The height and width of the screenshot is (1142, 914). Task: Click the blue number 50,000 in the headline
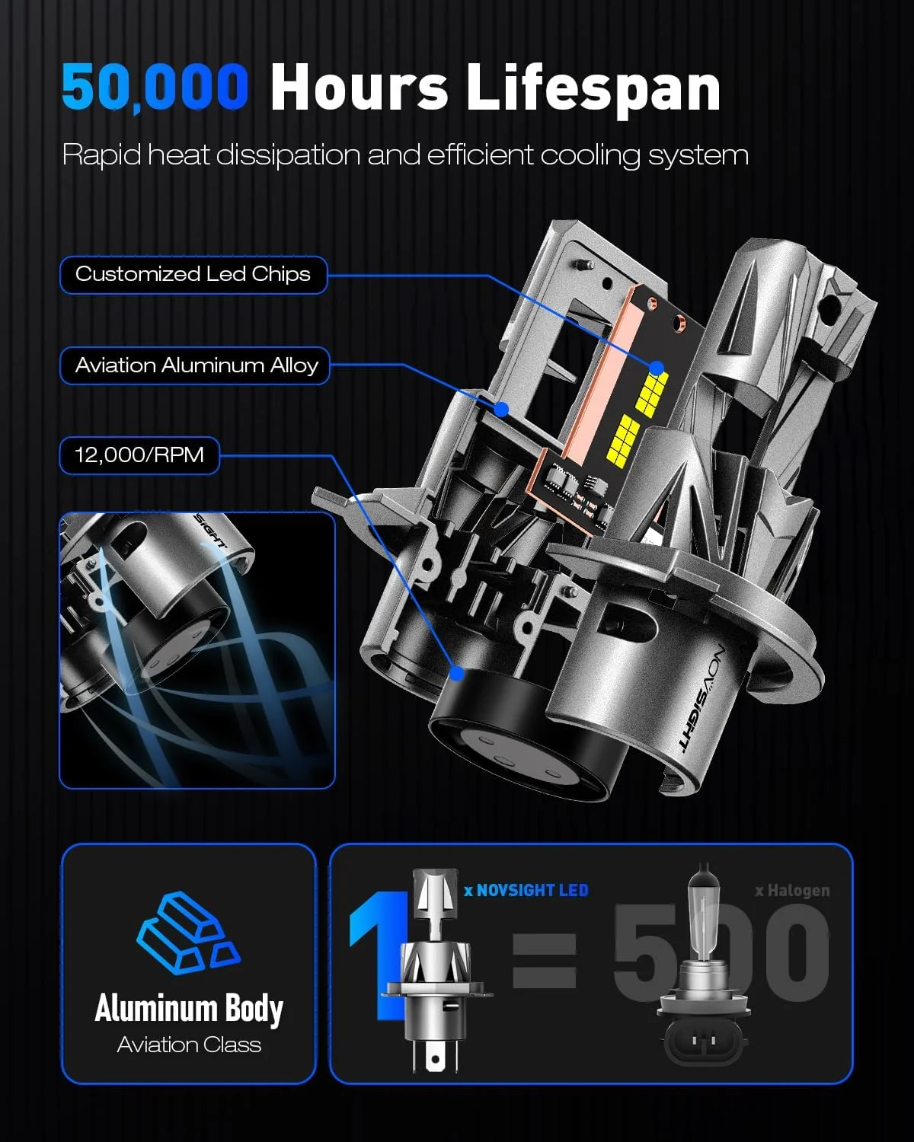155,87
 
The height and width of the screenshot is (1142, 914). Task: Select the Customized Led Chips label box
193,275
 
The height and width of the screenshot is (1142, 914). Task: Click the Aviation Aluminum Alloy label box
195,365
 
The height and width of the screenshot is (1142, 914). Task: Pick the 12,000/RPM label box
139,455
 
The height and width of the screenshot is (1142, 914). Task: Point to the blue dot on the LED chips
657,367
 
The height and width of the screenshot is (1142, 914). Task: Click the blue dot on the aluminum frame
501,409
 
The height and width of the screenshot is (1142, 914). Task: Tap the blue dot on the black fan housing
457,674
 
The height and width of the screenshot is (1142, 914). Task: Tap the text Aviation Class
189,1045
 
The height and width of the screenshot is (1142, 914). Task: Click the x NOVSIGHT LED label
526,890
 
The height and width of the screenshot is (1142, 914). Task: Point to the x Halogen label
792,891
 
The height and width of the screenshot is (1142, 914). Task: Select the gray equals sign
545,961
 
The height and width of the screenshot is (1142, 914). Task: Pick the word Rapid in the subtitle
101,156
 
